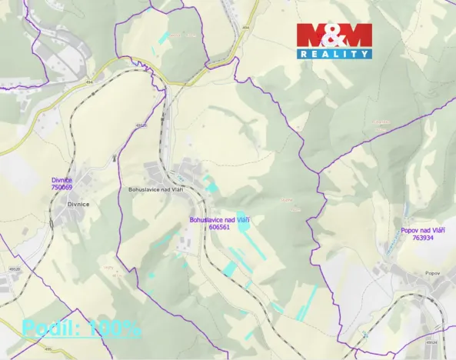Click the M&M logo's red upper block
(x=334, y=35)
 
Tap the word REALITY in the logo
(x=334, y=54)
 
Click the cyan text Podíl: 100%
(x=81, y=328)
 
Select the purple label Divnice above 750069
(x=62, y=180)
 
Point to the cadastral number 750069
(x=62, y=187)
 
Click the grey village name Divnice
(x=78, y=204)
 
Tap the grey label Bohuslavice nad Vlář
(x=153, y=189)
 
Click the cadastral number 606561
(x=219, y=227)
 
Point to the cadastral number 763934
(x=422, y=238)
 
